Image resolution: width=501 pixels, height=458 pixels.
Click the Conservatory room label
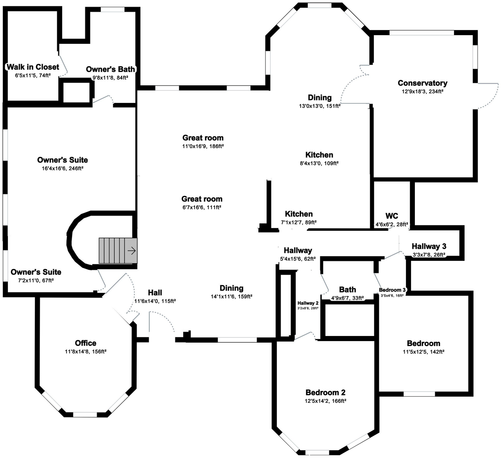[422, 83]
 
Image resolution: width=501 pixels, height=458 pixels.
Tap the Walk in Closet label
[33, 67]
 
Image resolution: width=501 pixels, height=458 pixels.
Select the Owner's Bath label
[110, 69]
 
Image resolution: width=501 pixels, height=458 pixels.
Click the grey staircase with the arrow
[118, 251]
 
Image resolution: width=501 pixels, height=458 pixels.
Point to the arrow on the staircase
[132, 251]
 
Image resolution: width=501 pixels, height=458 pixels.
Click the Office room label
[85, 343]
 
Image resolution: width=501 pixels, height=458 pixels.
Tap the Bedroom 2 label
[325, 392]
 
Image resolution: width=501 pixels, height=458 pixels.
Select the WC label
[392, 216]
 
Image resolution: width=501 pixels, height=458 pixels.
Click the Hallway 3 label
[429, 246]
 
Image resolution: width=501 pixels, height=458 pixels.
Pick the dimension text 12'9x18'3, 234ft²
[422, 92]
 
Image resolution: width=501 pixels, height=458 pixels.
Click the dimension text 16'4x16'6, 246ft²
[63, 169]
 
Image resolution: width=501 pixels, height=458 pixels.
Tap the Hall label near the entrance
[155, 293]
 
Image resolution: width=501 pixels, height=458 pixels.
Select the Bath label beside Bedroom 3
[347, 289]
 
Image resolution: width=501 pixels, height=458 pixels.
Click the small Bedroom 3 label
[392, 290]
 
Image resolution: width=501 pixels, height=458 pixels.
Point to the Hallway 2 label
[308, 303]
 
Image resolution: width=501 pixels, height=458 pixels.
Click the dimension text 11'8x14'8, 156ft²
[85, 352]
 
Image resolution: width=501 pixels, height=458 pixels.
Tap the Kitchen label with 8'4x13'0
[319, 155]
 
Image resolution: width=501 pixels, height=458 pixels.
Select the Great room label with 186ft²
[203, 138]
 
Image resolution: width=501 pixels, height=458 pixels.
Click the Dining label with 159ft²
[231, 288]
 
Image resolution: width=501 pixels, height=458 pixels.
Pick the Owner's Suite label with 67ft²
[36, 272]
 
